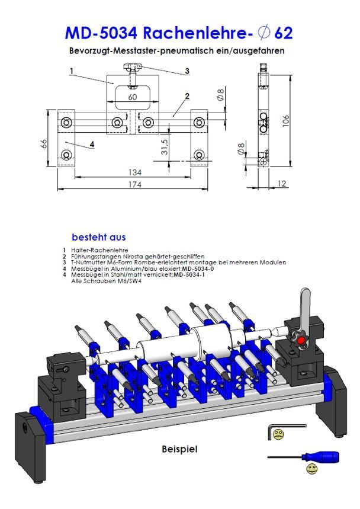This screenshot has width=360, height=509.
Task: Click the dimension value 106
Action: [x=286, y=120]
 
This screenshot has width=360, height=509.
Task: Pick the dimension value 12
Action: [x=281, y=184]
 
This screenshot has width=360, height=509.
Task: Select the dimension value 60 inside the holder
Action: [x=132, y=97]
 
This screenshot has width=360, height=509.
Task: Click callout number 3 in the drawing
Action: [x=187, y=71]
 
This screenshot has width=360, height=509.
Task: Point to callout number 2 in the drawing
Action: [x=187, y=95]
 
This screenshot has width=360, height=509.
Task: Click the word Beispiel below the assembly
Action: [x=179, y=449]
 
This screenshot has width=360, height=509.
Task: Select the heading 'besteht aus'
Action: [x=98, y=237]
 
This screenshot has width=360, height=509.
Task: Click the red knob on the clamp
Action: [x=301, y=341]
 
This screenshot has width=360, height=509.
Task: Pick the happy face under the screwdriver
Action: [x=311, y=470]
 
